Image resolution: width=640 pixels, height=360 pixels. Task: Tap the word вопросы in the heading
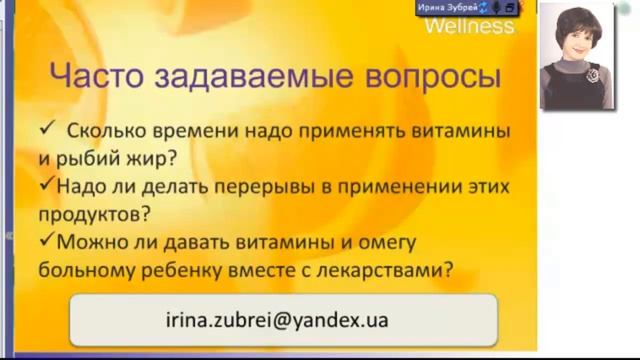424,78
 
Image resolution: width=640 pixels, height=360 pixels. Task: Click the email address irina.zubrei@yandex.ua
275,321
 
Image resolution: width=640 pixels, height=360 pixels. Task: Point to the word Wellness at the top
469,26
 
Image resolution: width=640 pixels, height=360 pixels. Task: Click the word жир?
152,157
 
